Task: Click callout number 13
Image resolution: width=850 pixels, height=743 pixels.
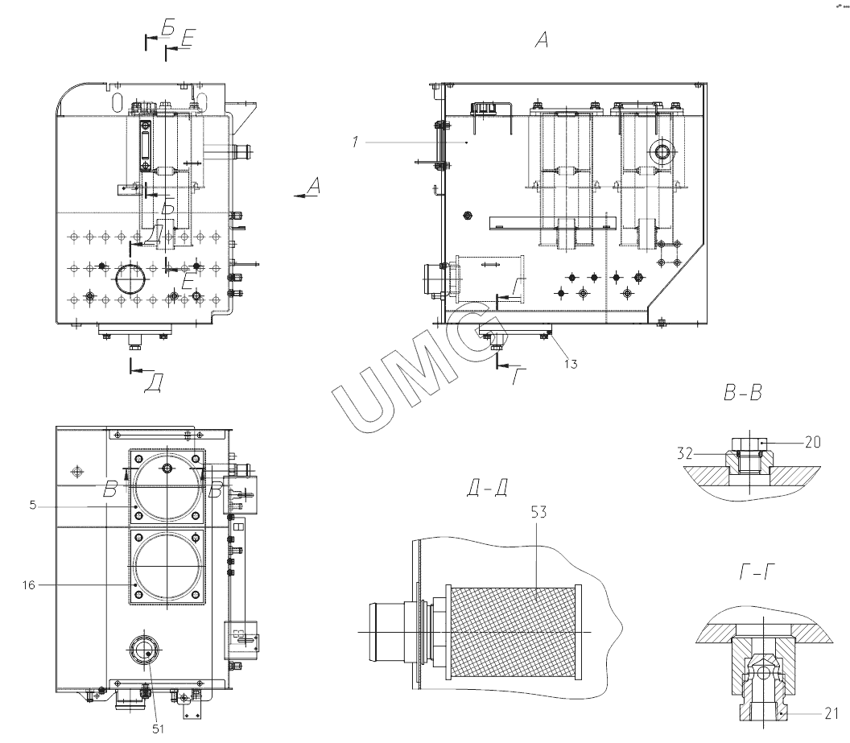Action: point(571,364)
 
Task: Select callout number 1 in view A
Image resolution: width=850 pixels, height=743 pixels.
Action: point(355,142)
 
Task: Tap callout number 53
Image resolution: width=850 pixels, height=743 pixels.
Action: point(538,512)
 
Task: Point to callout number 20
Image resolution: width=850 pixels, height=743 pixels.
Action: point(813,442)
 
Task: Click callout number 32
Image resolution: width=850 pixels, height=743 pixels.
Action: point(685,453)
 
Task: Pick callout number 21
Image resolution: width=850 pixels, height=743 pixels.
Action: point(831,713)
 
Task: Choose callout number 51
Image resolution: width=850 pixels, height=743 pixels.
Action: point(158,729)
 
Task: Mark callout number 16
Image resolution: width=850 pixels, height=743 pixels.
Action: point(29,584)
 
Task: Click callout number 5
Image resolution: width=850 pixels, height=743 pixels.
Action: point(32,506)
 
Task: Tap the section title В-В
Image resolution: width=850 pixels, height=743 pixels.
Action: point(743,392)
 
